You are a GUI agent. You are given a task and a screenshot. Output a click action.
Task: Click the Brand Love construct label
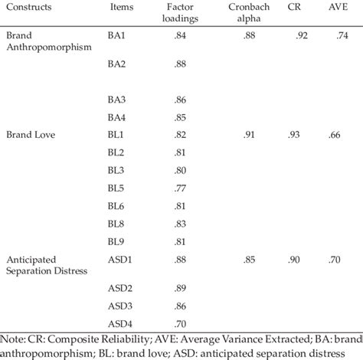[30, 135]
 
